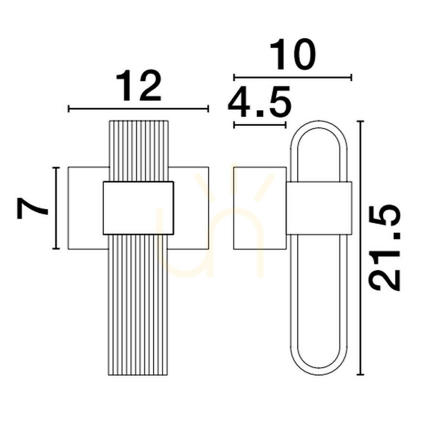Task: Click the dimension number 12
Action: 139,85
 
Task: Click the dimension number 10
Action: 293,55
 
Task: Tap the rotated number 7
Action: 33,208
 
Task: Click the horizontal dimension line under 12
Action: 138,109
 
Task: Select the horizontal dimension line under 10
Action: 293,77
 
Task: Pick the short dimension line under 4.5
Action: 260,125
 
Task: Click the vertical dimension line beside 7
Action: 56,208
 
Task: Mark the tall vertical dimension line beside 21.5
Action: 360,248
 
